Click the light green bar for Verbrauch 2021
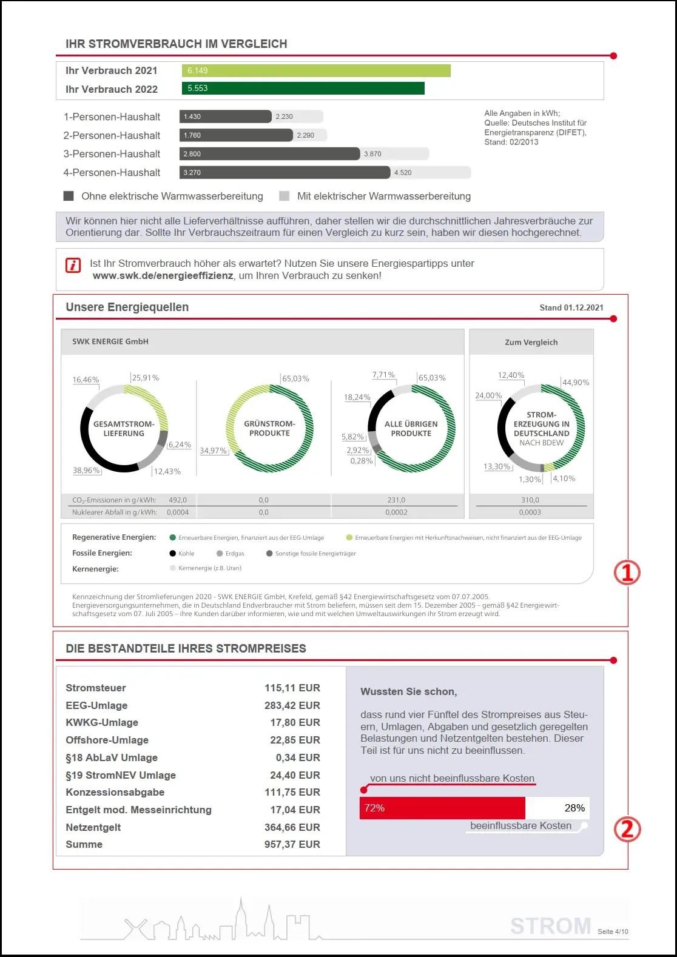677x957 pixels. click(x=315, y=71)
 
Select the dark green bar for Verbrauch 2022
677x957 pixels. click(x=303, y=89)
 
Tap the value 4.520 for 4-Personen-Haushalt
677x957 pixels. click(x=403, y=173)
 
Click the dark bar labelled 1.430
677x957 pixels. click(x=225, y=116)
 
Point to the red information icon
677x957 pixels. click(x=73, y=265)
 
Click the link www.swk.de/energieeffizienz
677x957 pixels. click(x=163, y=276)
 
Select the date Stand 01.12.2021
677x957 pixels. click(x=571, y=307)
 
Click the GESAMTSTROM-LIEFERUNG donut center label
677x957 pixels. click(x=124, y=429)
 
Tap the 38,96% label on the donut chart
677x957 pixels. click(x=86, y=471)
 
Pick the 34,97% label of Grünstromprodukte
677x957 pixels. click(x=213, y=451)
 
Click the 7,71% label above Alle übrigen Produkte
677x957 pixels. click(x=383, y=375)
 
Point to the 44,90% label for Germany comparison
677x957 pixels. click(x=576, y=383)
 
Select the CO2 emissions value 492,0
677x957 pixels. click(x=178, y=500)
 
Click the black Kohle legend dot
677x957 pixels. click(x=173, y=554)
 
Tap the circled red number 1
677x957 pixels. click(x=627, y=572)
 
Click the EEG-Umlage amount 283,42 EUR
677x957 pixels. click(x=292, y=705)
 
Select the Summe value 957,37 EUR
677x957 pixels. click(x=292, y=844)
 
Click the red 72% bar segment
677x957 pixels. click(x=442, y=808)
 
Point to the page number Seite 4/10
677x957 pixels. click(x=613, y=932)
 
